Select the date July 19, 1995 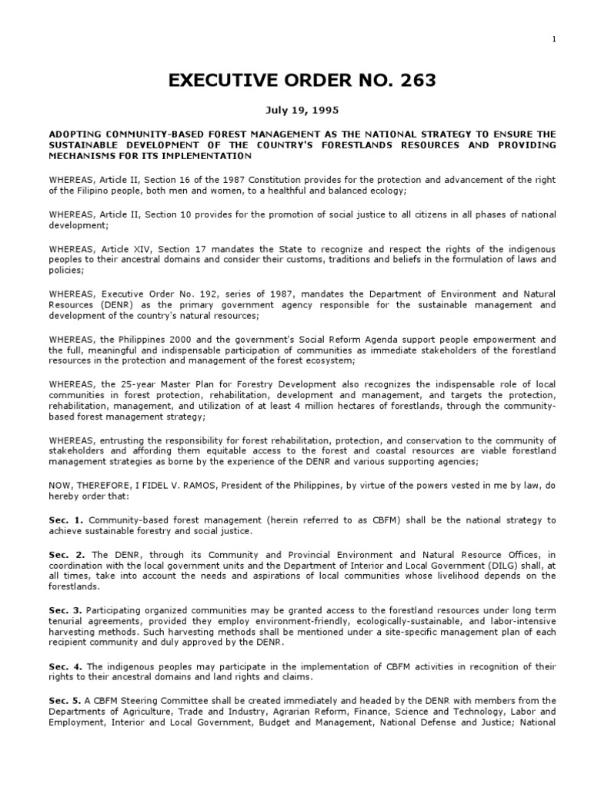295,111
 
